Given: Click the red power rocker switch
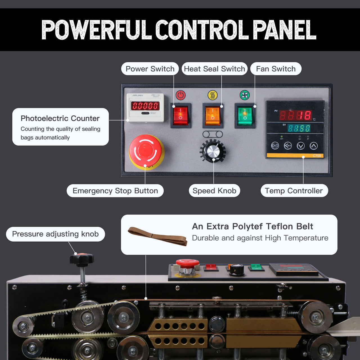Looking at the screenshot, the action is point(181,116).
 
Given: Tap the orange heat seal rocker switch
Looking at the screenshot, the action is point(213,116).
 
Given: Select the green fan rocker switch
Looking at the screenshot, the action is point(245,116).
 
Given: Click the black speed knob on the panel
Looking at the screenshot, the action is point(213,150).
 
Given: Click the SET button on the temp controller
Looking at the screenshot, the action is point(275,145).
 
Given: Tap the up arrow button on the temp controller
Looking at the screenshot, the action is point(314,146).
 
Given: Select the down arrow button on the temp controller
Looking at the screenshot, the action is point(301,146).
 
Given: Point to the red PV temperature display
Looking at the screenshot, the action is point(296,115).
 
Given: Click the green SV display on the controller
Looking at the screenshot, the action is point(299,128).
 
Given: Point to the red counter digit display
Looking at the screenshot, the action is point(145,106).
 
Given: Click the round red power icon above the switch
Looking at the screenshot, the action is point(181,95).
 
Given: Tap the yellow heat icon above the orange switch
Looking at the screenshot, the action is point(213,95).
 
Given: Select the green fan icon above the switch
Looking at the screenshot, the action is point(245,95).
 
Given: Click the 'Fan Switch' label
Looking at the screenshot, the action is point(276,69).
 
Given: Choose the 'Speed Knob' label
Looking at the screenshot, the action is point(215,191).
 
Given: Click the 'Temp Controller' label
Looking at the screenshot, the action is point(294,191).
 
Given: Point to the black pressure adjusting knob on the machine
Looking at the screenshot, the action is point(82,259).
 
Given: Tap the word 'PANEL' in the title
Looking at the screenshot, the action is point(284,30).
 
